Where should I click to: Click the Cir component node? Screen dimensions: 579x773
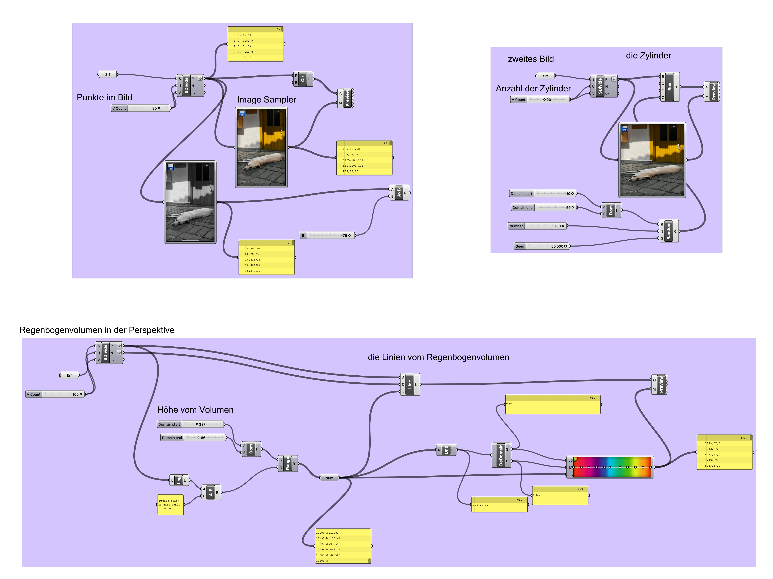pyautogui.click(x=303, y=79)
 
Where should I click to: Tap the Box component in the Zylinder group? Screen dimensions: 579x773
pyautogui.click(x=669, y=87)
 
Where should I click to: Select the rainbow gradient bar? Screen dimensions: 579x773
pyautogui.click(x=612, y=467)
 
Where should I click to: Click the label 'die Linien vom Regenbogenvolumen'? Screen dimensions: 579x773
pyautogui.click(x=438, y=357)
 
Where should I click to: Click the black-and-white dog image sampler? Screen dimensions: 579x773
pyautogui.click(x=190, y=202)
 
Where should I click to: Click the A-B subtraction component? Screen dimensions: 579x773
pyautogui.click(x=211, y=492)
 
